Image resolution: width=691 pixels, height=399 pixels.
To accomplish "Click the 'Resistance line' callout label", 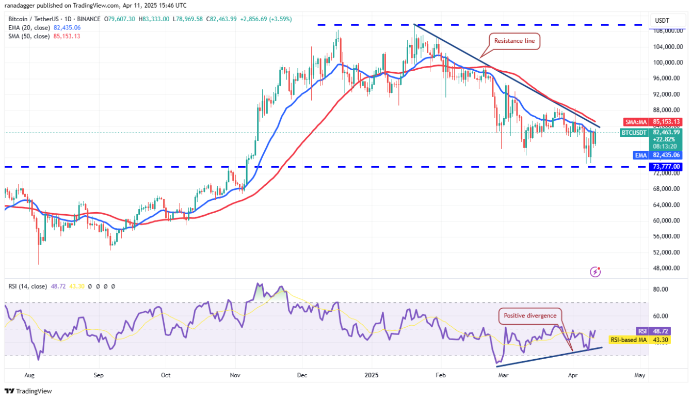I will pos(515,41).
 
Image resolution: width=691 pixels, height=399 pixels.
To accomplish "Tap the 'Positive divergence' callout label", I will pos(530,316).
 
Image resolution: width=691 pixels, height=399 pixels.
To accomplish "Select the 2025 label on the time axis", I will pos(372,375).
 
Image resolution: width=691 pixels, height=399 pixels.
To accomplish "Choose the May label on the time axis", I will pos(640,375).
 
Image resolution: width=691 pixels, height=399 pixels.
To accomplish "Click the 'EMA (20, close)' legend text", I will pos(30,28).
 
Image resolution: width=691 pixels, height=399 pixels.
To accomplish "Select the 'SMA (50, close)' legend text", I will pos(30,36).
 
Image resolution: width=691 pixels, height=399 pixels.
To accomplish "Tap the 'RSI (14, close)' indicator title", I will pos(27,286).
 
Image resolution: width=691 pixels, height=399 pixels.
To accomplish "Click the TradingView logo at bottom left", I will pos(28,391).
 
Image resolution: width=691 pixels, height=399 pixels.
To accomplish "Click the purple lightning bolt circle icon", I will pos(596,271).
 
